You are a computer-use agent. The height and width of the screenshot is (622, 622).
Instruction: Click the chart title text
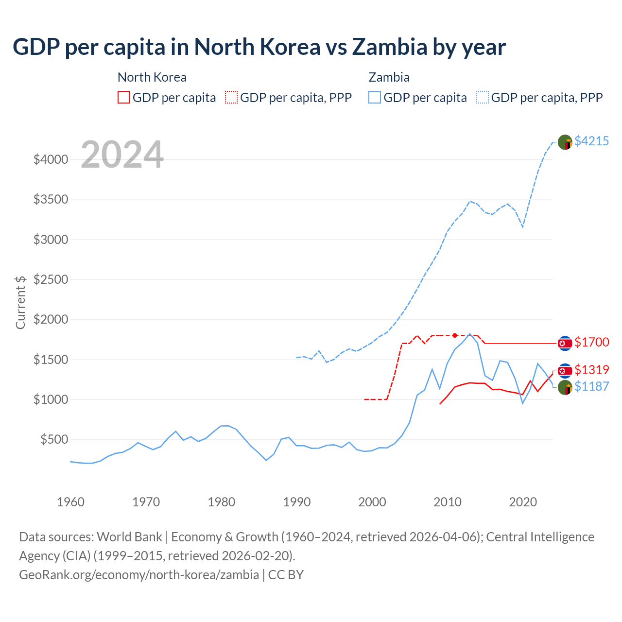[x=259, y=47]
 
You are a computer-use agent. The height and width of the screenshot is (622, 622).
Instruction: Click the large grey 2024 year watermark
[x=122, y=155]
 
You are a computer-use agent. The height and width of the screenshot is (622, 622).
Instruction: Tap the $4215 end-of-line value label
[x=591, y=141]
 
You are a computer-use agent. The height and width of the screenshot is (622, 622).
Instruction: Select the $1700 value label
[x=591, y=342]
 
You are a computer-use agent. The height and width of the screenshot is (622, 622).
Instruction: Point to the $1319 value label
[x=591, y=370]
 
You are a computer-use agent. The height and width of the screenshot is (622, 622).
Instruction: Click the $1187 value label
[x=591, y=386]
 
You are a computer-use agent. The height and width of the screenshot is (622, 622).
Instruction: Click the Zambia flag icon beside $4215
[x=565, y=142]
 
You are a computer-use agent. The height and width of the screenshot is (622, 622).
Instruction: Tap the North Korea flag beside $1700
[x=565, y=343]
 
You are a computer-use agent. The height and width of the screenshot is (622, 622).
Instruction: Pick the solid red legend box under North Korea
[x=124, y=97]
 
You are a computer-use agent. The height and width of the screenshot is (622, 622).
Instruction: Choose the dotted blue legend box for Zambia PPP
[x=483, y=97]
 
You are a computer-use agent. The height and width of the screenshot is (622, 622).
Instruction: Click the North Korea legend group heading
[x=152, y=77]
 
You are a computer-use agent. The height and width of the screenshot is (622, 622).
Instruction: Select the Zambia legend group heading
[x=389, y=77]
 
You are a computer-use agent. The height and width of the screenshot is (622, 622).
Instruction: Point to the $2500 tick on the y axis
[x=51, y=279]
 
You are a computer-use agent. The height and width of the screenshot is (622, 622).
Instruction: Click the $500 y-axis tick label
[x=54, y=440]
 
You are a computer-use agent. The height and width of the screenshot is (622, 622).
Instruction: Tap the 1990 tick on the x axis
[x=296, y=502]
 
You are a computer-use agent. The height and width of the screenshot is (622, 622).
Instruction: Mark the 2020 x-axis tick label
[x=522, y=502]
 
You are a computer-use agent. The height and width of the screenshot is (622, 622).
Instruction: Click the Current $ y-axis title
[x=20, y=302]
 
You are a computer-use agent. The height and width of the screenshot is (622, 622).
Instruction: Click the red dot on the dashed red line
[x=454, y=335]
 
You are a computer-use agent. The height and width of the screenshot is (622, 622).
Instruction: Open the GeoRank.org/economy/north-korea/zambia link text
[x=139, y=575]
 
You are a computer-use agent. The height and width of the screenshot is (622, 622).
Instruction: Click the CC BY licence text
[x=286, y=575]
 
